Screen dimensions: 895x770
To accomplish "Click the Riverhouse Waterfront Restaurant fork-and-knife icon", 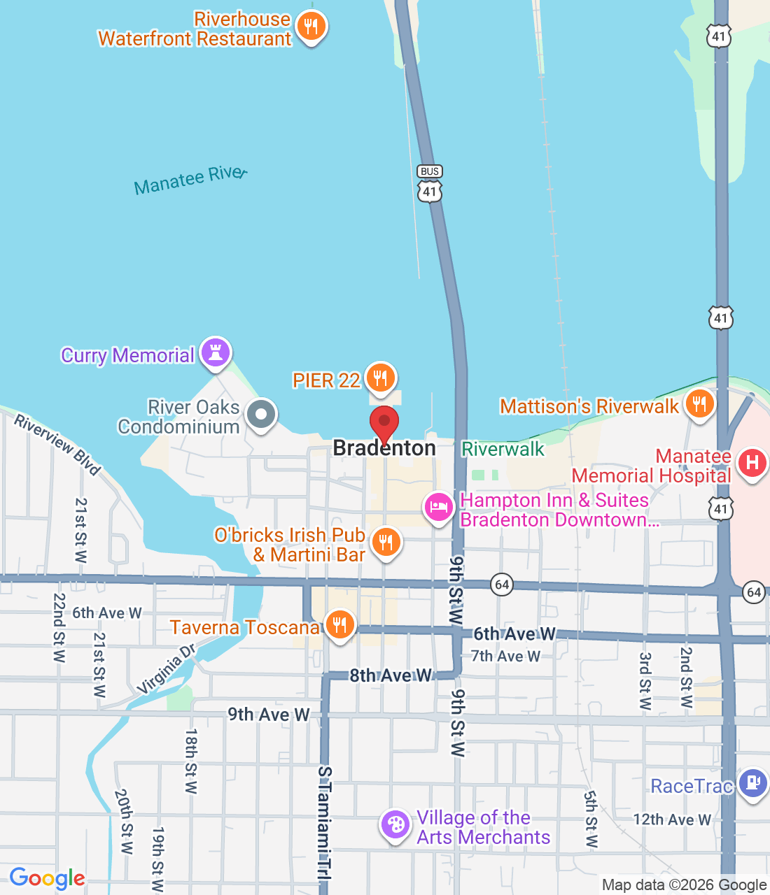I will tap(311, 27).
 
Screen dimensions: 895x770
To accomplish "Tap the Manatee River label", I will tap(190, 180).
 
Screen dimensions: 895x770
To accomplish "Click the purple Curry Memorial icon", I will tap(216, 353).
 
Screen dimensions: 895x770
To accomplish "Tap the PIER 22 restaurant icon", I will tap(380, 378).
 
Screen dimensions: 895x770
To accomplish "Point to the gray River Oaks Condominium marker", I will tap(261, 415).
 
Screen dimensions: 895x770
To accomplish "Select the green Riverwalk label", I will tap(503, 450).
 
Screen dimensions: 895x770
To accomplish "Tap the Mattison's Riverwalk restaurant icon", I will tap(699, 404).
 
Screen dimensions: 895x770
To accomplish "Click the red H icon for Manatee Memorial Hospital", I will tap(752, 463).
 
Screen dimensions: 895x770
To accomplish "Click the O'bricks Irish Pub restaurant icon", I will tap(385, 543).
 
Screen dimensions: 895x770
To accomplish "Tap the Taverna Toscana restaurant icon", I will tap(339, 624).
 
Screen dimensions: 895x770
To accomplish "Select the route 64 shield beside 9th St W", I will tap(502, 585).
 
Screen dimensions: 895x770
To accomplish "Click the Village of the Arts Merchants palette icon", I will tap(395, 825).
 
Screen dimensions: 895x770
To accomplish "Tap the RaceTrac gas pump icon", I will tap(752, 783).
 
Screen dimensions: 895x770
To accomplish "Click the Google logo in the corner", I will tap(47, 878).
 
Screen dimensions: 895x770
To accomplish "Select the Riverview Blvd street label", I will tap(58, 445).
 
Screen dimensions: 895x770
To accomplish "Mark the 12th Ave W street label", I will tap(671, 819).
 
